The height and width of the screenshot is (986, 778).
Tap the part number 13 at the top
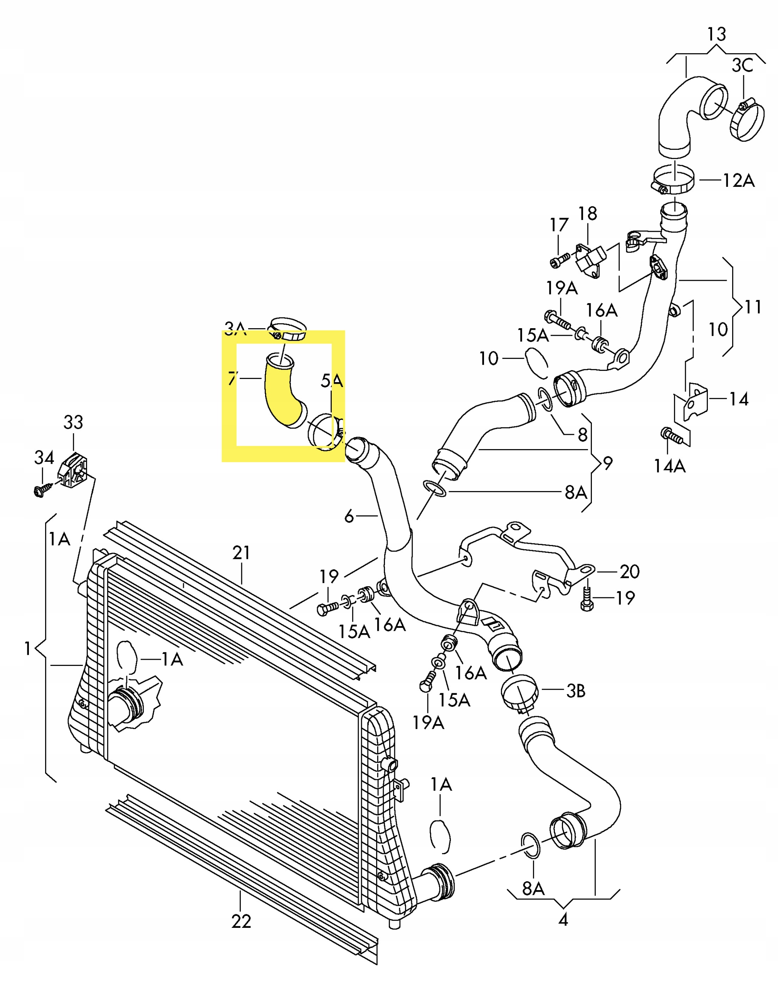pyautogui.click(x=716, y=35)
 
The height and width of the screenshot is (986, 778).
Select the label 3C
pyautogui.click(x=742, y=66)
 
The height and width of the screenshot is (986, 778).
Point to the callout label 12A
pyautogui.click(x=739, y=181)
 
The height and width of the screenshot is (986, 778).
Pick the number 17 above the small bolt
pyautogui.click(x=559, y=225)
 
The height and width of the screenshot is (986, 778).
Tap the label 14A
pyautogui.click(x=670, y=466)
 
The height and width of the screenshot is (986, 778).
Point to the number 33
pyautogui.click(x=73, y=423)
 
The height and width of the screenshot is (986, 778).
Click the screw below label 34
pyautogui.click(x=40, y=490)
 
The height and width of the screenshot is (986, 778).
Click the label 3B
pyautogui.click(x=576, y=691)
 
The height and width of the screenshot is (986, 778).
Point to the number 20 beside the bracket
pyautogui.click(x=630, y=572)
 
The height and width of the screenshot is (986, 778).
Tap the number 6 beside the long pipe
pyautogui.click(x=349, y=516)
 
